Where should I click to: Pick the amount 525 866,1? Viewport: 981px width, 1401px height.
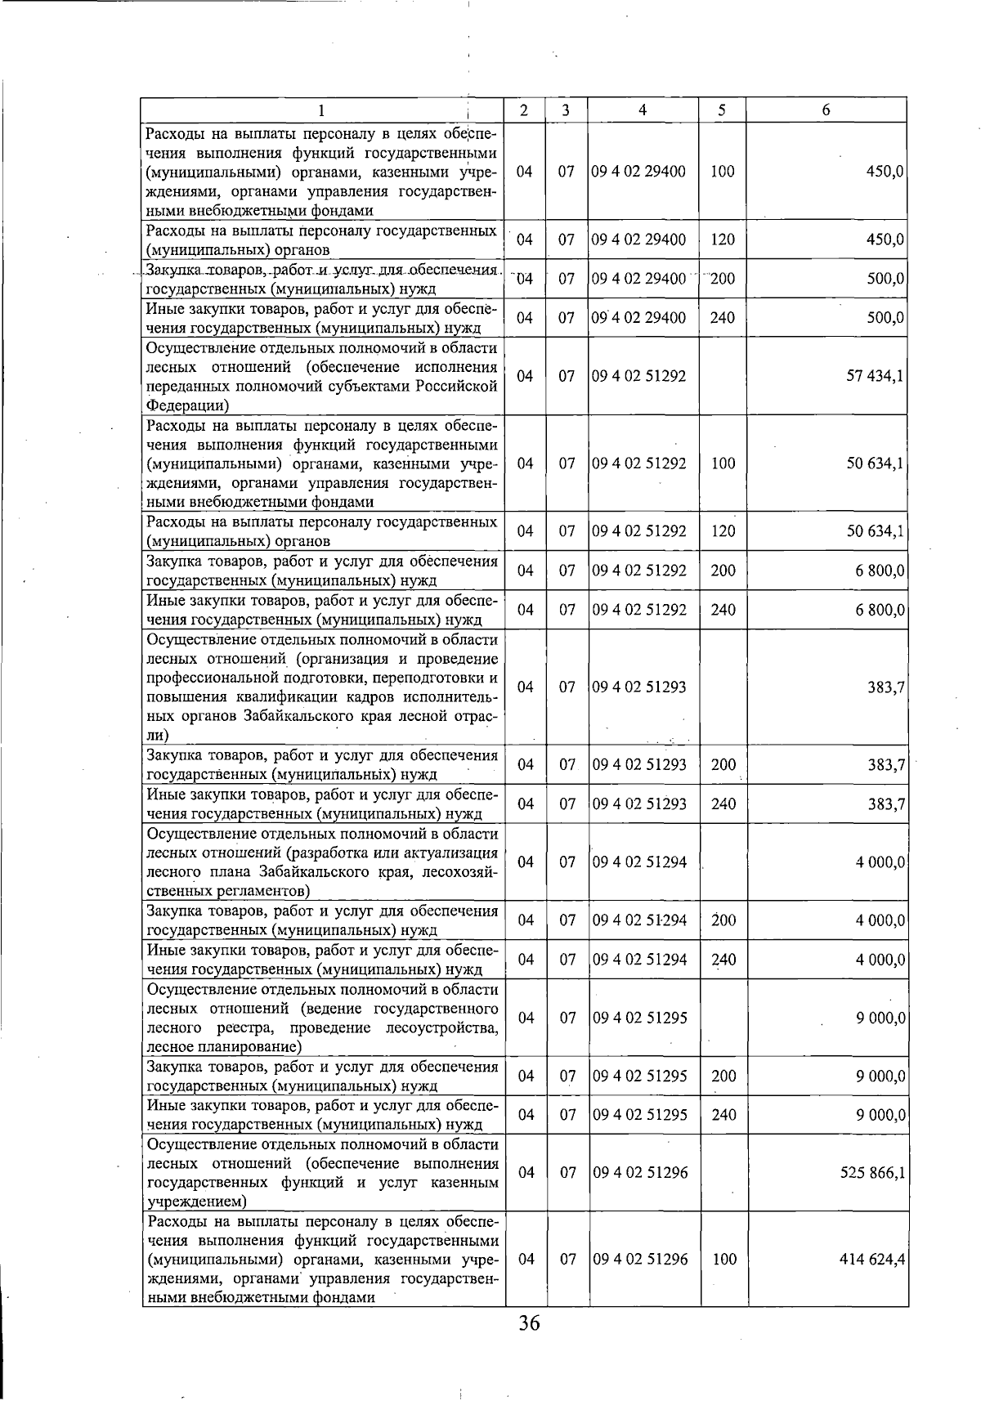[x=871, y=1173]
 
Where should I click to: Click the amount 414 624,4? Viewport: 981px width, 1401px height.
[x=871, y=1260]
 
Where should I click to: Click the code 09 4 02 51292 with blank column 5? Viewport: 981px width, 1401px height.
[x=639, y=376]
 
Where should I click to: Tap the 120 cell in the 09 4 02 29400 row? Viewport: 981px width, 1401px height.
[x=723, y=240]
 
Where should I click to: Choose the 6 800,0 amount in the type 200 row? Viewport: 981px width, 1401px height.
[x=880, y=571]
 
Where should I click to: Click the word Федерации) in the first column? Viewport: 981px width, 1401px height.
[x=187, y=405]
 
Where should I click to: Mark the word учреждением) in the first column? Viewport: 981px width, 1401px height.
[x=195, y=1202]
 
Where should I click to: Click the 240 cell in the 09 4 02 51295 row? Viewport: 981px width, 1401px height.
[x=723, y=1115]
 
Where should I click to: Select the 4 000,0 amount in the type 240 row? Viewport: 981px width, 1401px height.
[x=880, y=960]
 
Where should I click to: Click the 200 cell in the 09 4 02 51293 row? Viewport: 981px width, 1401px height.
[x=723, y=765]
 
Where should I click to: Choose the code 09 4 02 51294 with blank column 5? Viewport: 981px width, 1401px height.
[x=639, y=862]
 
